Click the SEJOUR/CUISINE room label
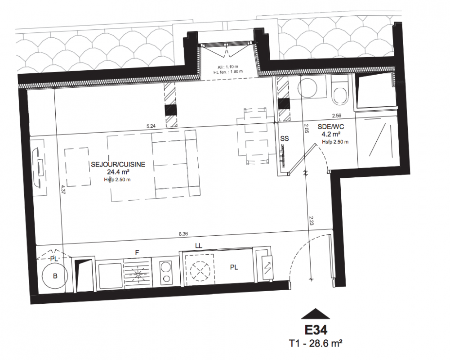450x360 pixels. [118, 164]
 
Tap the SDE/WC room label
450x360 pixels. [331, 127]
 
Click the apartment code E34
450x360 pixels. [316, 330]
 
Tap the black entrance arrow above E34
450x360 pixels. [316, 314]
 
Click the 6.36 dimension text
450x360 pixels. [183, 234]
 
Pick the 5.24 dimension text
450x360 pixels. [151, 126]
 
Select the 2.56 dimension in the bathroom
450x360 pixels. [337, 116]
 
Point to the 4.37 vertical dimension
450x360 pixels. [63, 190]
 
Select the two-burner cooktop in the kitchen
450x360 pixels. [165, 271]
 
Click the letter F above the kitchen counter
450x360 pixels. [137, 253]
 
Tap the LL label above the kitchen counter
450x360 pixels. [199, 246]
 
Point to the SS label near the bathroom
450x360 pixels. [285, 139]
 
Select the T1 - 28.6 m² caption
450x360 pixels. [316, 343]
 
